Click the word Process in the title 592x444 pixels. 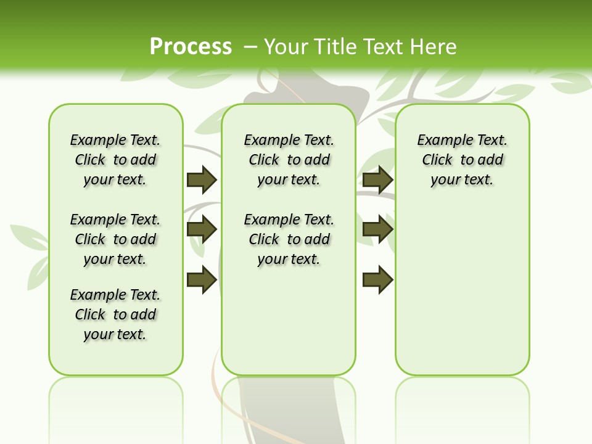point(191,46)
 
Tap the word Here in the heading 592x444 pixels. point(435,47)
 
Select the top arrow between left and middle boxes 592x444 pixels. point(202,179)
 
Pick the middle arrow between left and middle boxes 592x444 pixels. point(202,230)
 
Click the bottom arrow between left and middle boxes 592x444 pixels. point(202,280)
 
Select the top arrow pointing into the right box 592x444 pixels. point(377,179)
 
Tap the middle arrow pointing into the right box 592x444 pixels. point(377,230)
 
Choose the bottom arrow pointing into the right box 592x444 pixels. point(377,280)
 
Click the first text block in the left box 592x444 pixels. point(115,160)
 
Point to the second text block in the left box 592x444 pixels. point(115,239)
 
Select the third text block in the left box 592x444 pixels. point(115,314)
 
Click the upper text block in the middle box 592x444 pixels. point(289,160)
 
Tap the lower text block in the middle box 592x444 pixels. point(289,239)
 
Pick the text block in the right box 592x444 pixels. point(462,160)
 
